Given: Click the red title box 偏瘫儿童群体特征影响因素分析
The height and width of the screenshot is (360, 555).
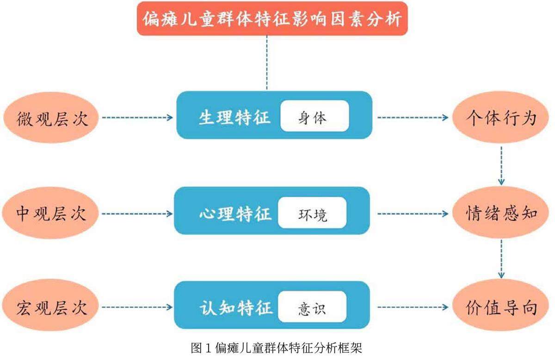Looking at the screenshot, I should (x=272, y=19).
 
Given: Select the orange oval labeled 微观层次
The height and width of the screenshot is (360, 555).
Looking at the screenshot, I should (x=51, y=118).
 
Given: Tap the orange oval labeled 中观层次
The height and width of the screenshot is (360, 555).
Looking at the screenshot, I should (x=51, y=213).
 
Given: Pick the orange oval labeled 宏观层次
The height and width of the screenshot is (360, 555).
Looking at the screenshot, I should (x=51, y=308).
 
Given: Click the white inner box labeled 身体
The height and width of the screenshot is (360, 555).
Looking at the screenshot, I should (x=314, y=118).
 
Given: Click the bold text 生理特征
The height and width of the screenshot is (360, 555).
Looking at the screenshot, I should (x=234, y=118).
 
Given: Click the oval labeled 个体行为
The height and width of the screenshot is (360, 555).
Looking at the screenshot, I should (x=501, y=118).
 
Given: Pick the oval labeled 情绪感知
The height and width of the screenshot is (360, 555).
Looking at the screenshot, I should (x=501, y=213).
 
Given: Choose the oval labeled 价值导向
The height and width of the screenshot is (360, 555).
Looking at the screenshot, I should (x=501, y=308).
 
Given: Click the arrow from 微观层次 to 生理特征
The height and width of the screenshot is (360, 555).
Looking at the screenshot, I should (x=137, y=118).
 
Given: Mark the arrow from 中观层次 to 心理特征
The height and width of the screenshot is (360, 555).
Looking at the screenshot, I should (x=137, y=214).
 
